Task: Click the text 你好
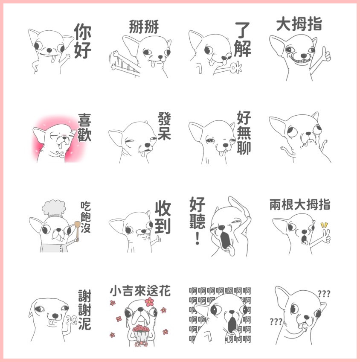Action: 83,41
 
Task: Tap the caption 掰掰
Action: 144,27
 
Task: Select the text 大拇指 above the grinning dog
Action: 299,24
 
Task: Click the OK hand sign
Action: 236,67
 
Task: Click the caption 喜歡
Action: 84,127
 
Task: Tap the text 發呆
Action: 164,126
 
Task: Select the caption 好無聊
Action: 244,133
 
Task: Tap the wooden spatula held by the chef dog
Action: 77,231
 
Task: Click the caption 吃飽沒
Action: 86,217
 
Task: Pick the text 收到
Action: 163,217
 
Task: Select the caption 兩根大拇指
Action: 300,204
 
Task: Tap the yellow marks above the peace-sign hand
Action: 324,225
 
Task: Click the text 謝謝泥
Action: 84,310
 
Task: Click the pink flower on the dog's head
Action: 149,302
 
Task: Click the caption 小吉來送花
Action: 140,291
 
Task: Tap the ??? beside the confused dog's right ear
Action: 324,294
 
